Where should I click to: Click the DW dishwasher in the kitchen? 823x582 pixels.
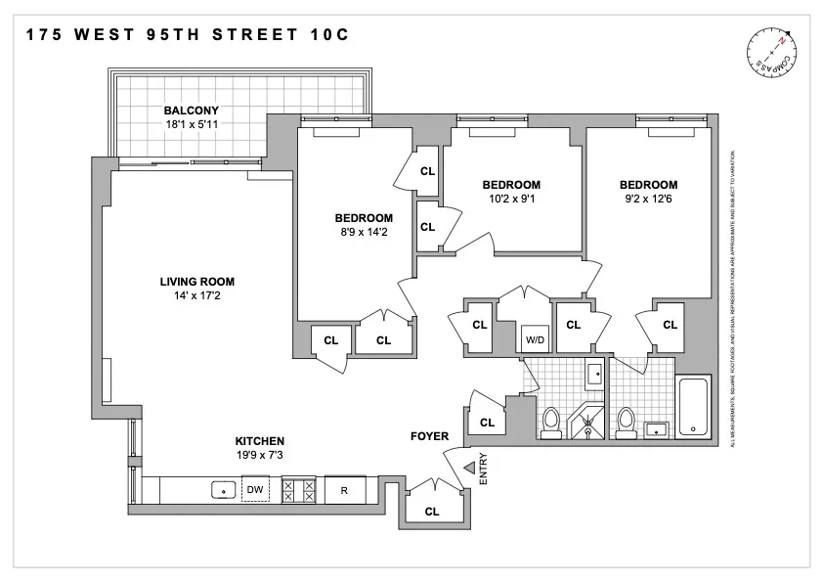pos(254,489)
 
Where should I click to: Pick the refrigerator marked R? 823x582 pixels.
pos(344,489)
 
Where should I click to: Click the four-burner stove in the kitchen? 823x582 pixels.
pos(297,489)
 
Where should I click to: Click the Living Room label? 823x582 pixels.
pos(196,282)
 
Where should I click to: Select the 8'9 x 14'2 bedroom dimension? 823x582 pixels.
pos(364,232)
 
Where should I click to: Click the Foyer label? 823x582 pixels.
pos(429,436)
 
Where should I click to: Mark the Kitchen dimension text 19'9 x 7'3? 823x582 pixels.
pos(259,455)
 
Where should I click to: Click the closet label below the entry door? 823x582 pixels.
pos(431,511)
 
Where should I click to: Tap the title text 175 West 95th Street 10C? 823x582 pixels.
pos(187,34)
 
